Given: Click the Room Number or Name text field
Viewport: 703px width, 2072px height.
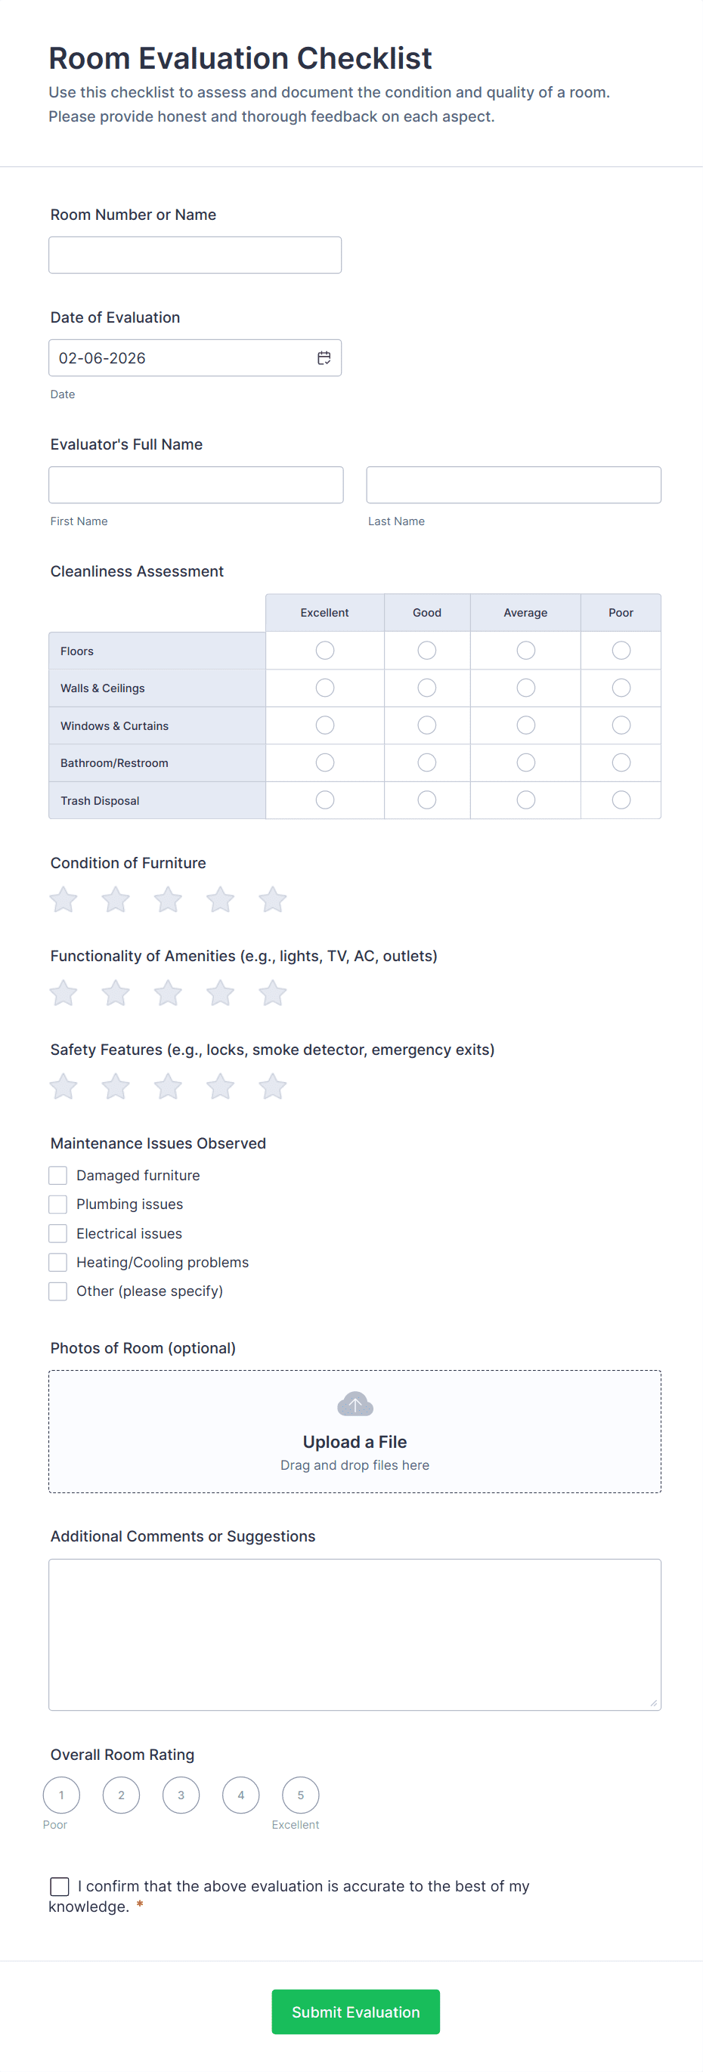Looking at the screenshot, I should coord(195,255).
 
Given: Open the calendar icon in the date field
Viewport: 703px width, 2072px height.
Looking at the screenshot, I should coord(324,358).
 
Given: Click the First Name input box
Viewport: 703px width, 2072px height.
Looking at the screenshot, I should coord(196,485).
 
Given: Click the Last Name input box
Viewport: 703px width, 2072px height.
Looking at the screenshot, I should coord(513,485).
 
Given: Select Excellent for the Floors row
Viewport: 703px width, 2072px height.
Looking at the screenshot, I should coord(324,650).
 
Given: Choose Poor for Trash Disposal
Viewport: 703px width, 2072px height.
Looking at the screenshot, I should coord(620,799).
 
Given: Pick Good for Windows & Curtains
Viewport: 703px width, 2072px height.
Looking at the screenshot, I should coord(426,725).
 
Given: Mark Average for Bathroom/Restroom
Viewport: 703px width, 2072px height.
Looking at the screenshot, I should coord(525,762).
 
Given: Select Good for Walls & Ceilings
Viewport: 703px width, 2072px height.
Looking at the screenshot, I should coord(426,688).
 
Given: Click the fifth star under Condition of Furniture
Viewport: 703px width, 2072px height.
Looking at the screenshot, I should coord(273,899).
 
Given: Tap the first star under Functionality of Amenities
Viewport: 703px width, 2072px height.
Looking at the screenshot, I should coord(63,994).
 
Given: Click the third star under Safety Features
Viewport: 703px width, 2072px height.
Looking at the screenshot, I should coord(168,1087).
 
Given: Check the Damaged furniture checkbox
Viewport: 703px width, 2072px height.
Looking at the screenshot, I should coord(58,1175).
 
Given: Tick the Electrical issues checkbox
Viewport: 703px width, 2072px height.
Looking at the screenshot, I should coord(58,1233).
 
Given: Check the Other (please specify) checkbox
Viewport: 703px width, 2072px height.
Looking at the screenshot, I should coord(58,1291).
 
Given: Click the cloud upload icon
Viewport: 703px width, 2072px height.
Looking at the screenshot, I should coord(355,1405).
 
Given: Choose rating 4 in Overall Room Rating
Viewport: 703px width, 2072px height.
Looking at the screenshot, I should coord(240,1795).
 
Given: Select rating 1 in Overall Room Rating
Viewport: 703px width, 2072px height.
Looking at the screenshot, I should coord(62,1795).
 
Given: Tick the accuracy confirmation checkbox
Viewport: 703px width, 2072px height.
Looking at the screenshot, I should coord(60,1886).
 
